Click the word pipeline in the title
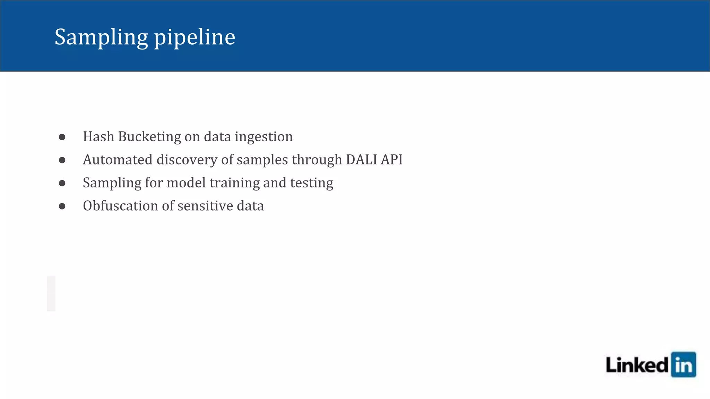pyautogui.click(x=194, y=37)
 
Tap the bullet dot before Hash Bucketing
pyautogui.click(x=62, y=137)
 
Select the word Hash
pyautogui.click(x=98, y=137)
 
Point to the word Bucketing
pyautogui.click(x=149, y=137)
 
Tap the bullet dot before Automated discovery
pyautogui.click(x=62, y=160)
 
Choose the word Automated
pyautogui.click(x=118, y=160)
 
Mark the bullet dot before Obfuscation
pyautogui.click(x=62, y=206)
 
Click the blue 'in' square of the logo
pyautogui.click(x=683, y=365)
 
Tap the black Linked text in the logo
pyautogui.click(x=637, y=365)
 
